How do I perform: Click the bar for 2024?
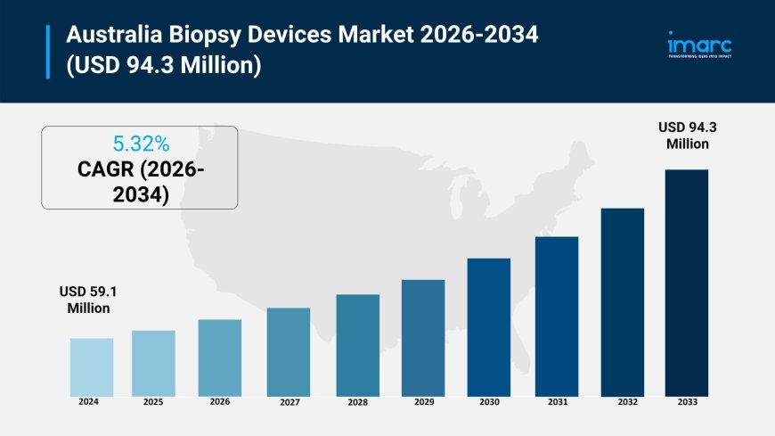click(x=92, y=367)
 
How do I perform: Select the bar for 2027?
click(x=289, y=352)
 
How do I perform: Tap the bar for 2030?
click(x=489, y=327)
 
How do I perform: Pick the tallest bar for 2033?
click(x=686, y=283)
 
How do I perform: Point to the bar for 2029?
click(x=423, y=338)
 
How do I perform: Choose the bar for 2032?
click(x=623, y=302)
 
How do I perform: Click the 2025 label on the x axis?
click(x=153, y=402)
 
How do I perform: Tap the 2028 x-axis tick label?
click(x=357, y=402)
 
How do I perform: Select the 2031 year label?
click(x=558, y=402)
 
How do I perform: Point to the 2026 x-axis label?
click(x=219, y=401)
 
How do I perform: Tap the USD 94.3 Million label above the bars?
click(x=686, y=136)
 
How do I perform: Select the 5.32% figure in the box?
click(x=140, y=144)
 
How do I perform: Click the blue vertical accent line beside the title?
click(x=48, y=52)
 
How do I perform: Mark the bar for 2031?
click(x=557, y=317)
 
